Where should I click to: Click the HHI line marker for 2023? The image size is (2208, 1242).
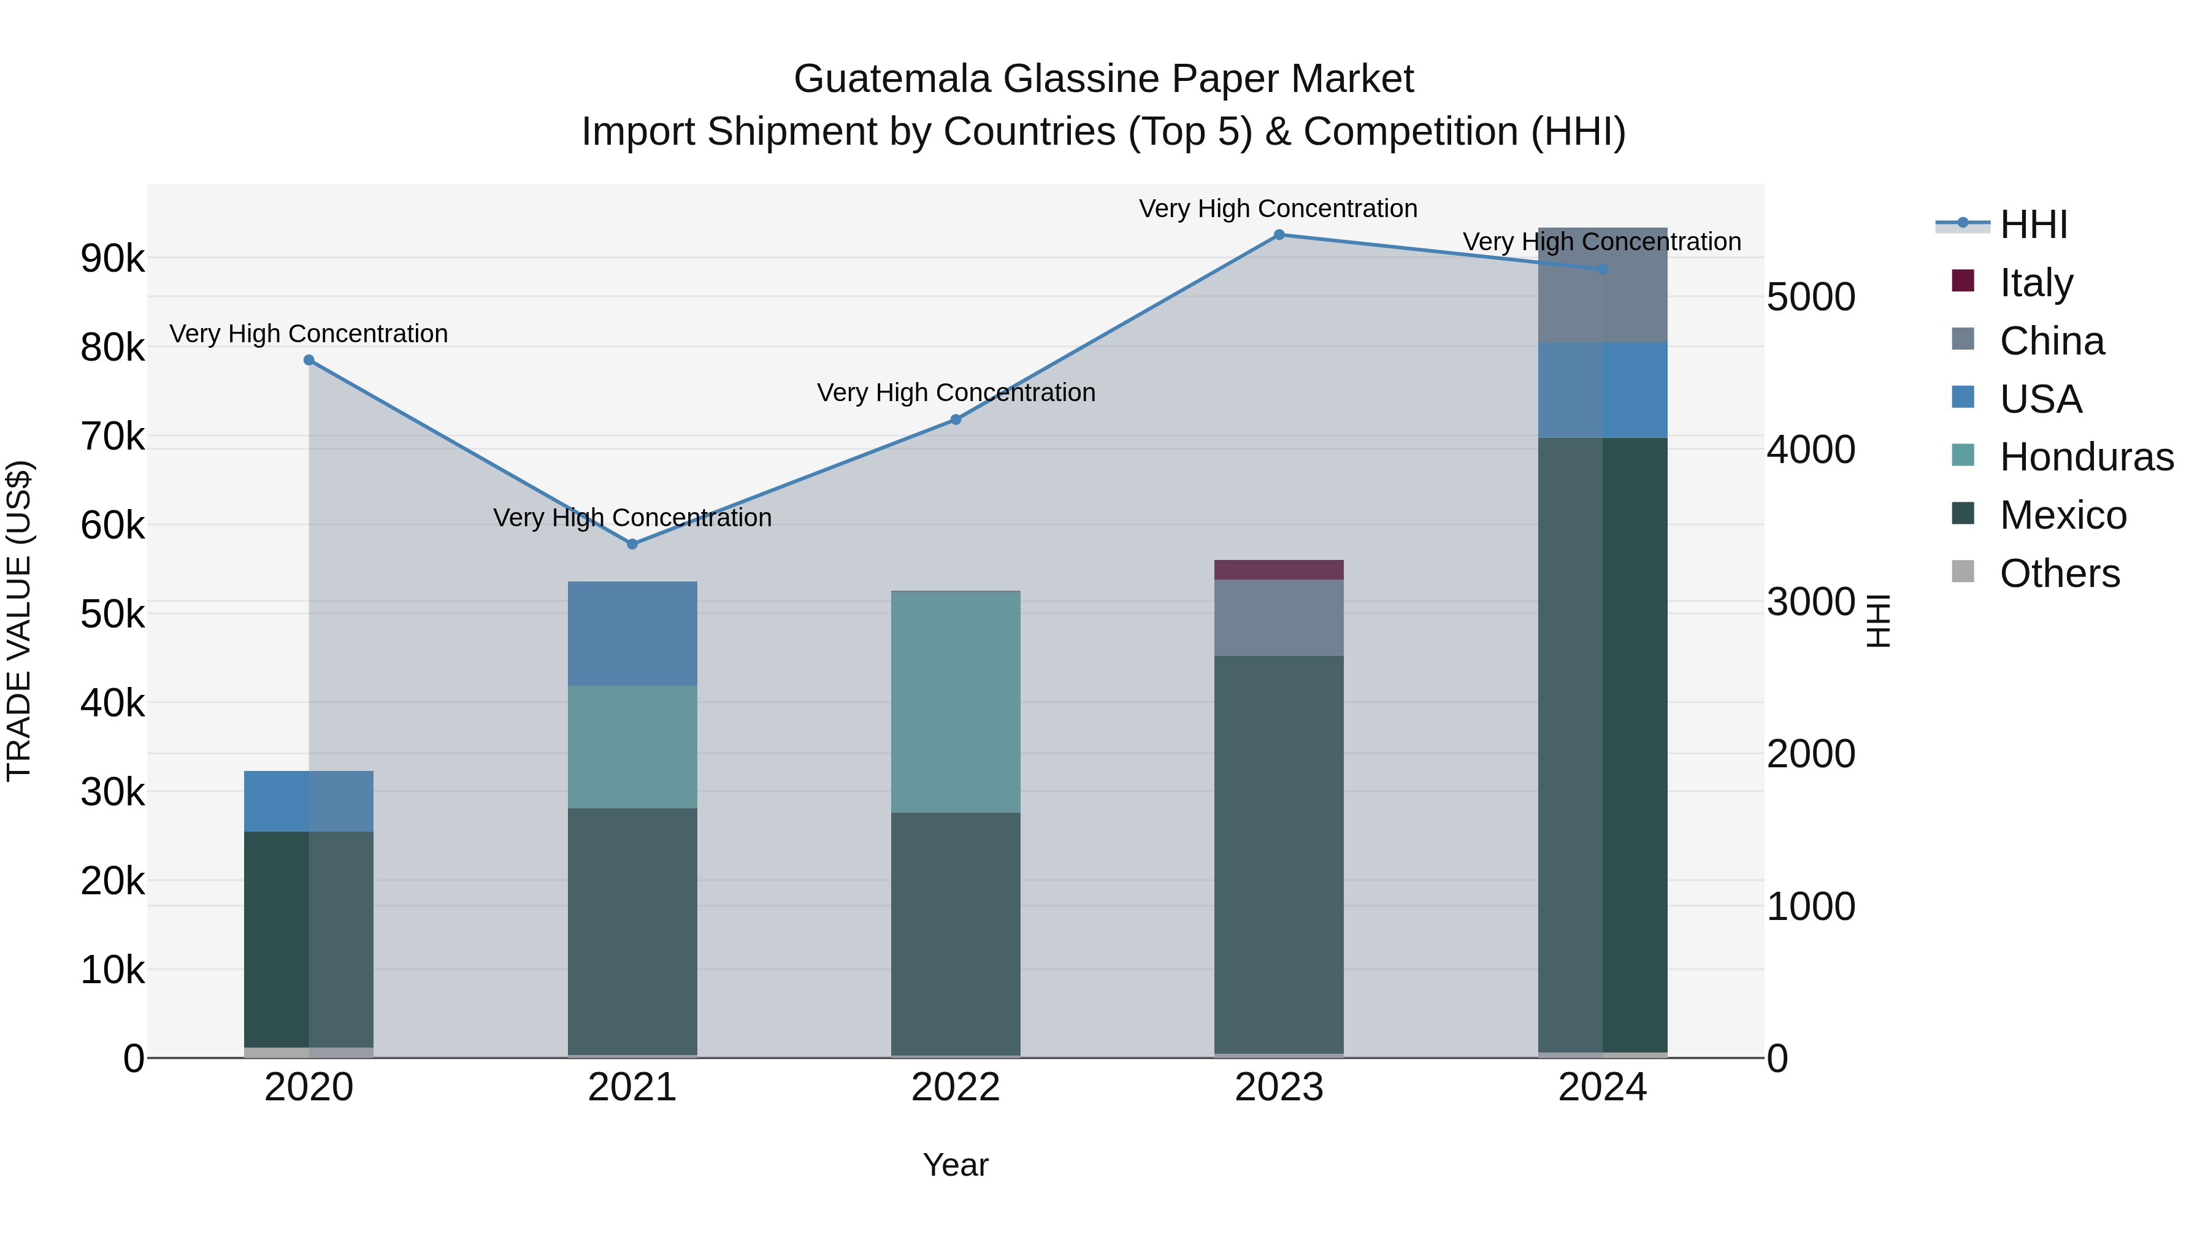point(1279,235)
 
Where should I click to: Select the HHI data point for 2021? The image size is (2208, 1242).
point(632,544)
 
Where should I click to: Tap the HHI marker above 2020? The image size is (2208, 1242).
point(309,360)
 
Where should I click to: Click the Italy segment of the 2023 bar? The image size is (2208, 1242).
point(1279,570)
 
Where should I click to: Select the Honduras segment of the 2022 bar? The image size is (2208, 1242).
point(956,702)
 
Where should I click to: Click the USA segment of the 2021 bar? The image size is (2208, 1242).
point(632,634)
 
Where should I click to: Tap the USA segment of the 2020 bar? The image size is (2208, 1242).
point(309,802)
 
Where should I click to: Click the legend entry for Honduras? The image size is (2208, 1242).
point(2087,457)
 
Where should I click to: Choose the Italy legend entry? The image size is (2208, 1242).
point(2036,282)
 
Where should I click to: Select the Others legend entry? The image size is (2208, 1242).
point(2059,573)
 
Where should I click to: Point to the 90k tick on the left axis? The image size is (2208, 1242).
point(112,258)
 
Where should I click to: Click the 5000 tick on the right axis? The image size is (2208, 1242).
point(1811,297)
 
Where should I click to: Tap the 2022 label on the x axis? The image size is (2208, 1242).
point(956,1087)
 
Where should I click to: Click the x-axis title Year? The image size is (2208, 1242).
point(956,1165)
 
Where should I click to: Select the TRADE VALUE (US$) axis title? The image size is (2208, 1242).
point(19,621)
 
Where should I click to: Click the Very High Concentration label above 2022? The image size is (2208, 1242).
point(956,393)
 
